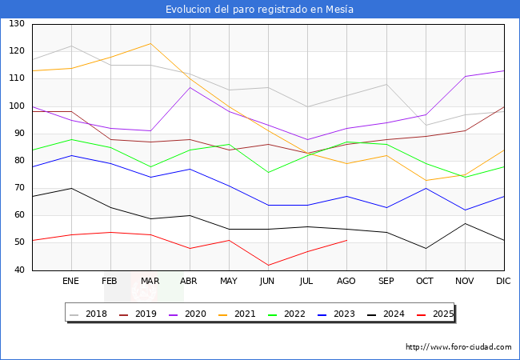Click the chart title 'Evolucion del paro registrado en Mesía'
click(260, 9)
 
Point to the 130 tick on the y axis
click(16, 24)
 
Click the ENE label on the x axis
click(71, 281)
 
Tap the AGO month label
click(346, 281)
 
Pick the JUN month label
click(268, 281)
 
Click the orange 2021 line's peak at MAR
click(150, 43)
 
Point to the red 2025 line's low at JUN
click(268, 265)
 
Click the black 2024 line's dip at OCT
click(425, 248)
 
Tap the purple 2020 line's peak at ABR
click(189, 87)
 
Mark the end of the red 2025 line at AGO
click(346, 240)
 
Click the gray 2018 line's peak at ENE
click(71, 46)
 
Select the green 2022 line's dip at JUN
click(268, 172)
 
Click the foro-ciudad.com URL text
click(458, 347)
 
